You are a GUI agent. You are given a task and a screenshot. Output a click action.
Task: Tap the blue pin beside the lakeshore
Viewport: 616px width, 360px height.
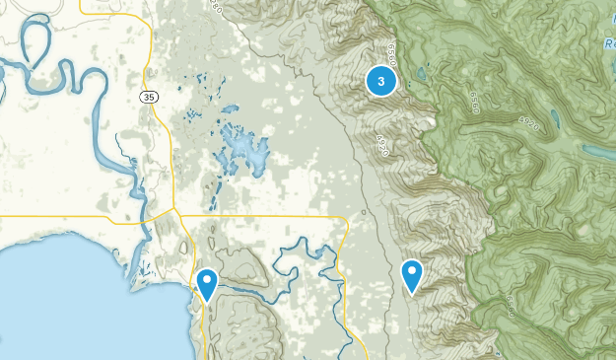pos(207,284)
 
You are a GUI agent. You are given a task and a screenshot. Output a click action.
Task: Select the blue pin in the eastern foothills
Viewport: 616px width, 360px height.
pos(412,275)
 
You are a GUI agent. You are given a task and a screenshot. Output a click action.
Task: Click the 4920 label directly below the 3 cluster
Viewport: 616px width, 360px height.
pos(379,146)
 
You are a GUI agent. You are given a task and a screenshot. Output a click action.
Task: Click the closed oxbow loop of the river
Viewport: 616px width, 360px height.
pos(33,41)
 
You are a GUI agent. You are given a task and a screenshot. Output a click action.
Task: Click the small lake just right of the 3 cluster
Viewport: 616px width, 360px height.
pos(422,74)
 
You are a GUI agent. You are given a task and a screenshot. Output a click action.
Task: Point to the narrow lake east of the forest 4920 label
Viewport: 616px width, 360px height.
pos(557,120)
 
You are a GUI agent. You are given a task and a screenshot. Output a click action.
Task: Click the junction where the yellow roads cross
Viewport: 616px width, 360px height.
pos(173,210)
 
